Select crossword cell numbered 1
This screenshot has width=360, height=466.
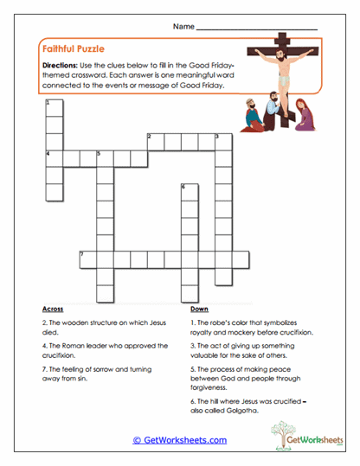point(54,107)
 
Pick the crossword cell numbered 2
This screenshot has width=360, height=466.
point(155,140)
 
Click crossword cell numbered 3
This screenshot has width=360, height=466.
point(222,140)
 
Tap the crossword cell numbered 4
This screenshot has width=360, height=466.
point(54,157)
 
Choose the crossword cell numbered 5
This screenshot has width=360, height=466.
point(104,157)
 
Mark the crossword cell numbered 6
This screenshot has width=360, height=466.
point(189,191)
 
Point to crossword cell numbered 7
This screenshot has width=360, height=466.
point(87,259)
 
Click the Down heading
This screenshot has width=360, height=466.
point(199,309)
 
